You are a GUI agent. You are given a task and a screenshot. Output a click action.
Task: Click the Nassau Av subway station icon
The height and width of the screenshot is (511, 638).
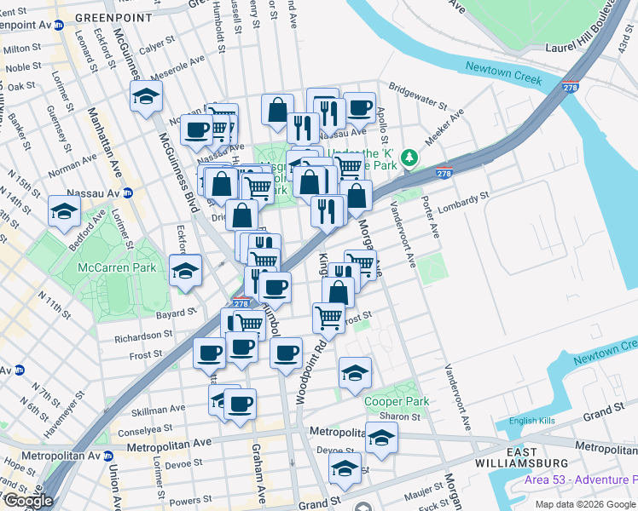[x=127, y=192]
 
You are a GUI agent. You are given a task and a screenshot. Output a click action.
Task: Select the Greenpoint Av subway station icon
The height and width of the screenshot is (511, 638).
[x=58, y=26]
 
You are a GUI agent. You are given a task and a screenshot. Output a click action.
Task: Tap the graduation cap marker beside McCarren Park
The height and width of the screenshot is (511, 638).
[x=185, y=270]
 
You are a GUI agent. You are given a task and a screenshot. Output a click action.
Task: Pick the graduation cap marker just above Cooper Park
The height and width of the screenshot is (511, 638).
[x=355, y=371]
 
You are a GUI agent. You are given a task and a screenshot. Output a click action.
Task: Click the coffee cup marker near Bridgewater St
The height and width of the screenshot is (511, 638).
[x=359, y=107]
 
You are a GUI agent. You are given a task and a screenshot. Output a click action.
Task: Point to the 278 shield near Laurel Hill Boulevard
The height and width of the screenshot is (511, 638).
[x=571, y=87]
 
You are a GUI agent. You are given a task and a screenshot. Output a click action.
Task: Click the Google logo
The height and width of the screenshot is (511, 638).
[x=29, y=501]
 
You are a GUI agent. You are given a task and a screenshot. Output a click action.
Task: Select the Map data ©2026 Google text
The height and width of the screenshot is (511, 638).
[x=586, y=504]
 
